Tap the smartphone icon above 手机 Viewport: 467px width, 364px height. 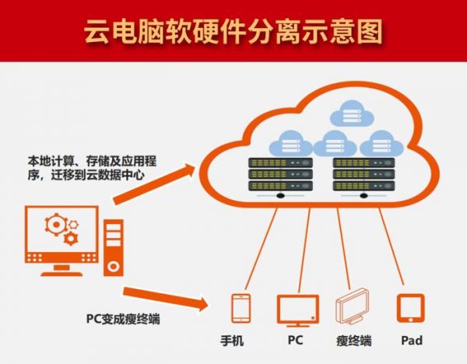tap(241, 307)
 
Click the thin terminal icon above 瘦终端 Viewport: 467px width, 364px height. tap(353, 308)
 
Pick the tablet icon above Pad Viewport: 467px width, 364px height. tap(409, 307)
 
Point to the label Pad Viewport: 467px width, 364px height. tap(412, 341)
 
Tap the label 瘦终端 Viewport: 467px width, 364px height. tap(353, 341)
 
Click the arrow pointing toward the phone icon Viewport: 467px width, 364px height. tap(168, 297)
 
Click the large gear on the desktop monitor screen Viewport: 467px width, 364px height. tap(56, 225)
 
